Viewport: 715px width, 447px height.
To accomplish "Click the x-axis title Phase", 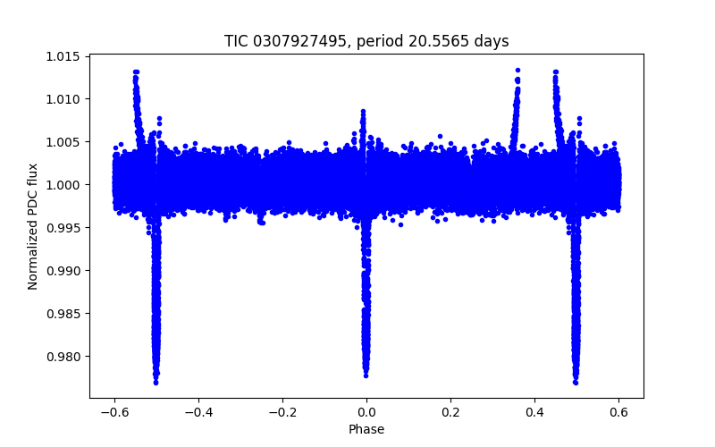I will click(x=366, y=429).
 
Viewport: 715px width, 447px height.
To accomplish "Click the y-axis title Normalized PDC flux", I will click(x=33, y=226).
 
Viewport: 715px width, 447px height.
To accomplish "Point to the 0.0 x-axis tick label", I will click(x=366, y=411).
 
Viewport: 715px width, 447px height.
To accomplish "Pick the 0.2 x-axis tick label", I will click(x=450, y=411).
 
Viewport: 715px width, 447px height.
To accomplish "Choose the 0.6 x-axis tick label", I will click(x=618, y=411).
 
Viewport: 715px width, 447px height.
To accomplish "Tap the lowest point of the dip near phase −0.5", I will click(x=156, y=382).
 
